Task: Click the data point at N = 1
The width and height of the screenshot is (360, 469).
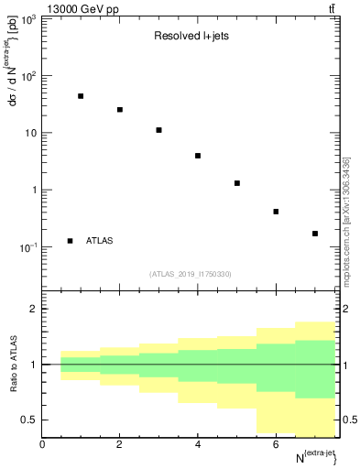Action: pyautogui.click(x=81, y=96)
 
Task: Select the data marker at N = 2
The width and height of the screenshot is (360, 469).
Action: pyautogui.click(x=120, y=110)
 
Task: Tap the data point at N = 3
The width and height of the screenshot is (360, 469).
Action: pyautogui.click(x=158, y=130)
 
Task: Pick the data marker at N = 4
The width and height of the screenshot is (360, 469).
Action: pyautogui.click(x=198, y=156)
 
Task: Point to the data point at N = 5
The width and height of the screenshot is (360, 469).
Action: pyautogui.click(x=236, y=183)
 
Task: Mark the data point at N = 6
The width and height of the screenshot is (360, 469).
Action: pyautogui.click(x=276, y=212)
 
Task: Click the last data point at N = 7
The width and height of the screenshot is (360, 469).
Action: pyautogui.click(x=314, y=234)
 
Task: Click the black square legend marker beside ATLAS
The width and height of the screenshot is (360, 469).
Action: pyautogui.click(x=70, y=241)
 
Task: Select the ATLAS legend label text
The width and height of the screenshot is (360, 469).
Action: pyautogui.click(x=99, y=241)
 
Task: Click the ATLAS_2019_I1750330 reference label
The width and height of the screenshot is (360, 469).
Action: pyautogui.click(x=191, y=273)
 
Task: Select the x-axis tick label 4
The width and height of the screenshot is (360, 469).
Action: pyautogui.click(x=198, y=444)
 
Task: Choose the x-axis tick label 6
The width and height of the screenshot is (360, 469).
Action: pyautogui.click(x=276, y=444)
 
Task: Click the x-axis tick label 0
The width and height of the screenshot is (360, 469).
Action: pyautogui.click(x=42, y=444)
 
